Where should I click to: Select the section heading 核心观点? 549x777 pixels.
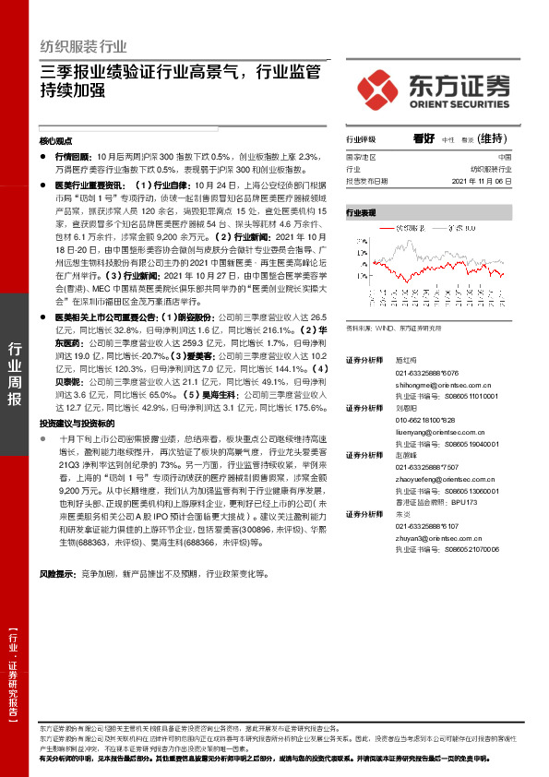click(x=56, y=142)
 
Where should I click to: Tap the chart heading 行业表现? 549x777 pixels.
click(x=361, y=212)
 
